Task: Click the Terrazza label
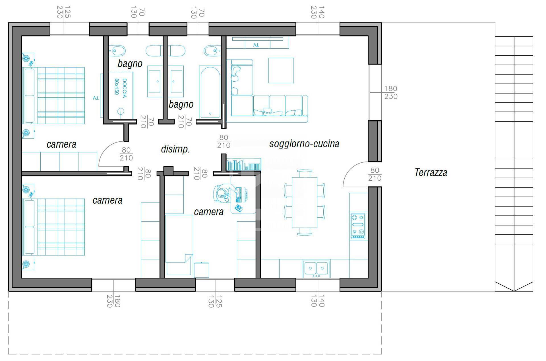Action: click(431, 172)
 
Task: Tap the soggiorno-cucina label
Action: click(304, 144)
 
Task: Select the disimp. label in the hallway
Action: click(175, 149)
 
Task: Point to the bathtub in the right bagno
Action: click(210, 92)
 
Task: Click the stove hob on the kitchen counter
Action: click(358, 226)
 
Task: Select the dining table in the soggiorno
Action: click(305, 202)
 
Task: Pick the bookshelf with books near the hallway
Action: click(243, 164)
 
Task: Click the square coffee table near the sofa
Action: click(281, 70)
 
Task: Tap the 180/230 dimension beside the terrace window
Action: click(391, 92)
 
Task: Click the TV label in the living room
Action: click(256, 45)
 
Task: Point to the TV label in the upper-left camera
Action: click(96, 98)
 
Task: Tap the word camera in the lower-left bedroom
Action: click(107, 200)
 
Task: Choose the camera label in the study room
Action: click(209, 212)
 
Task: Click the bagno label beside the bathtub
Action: click(181, 104)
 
